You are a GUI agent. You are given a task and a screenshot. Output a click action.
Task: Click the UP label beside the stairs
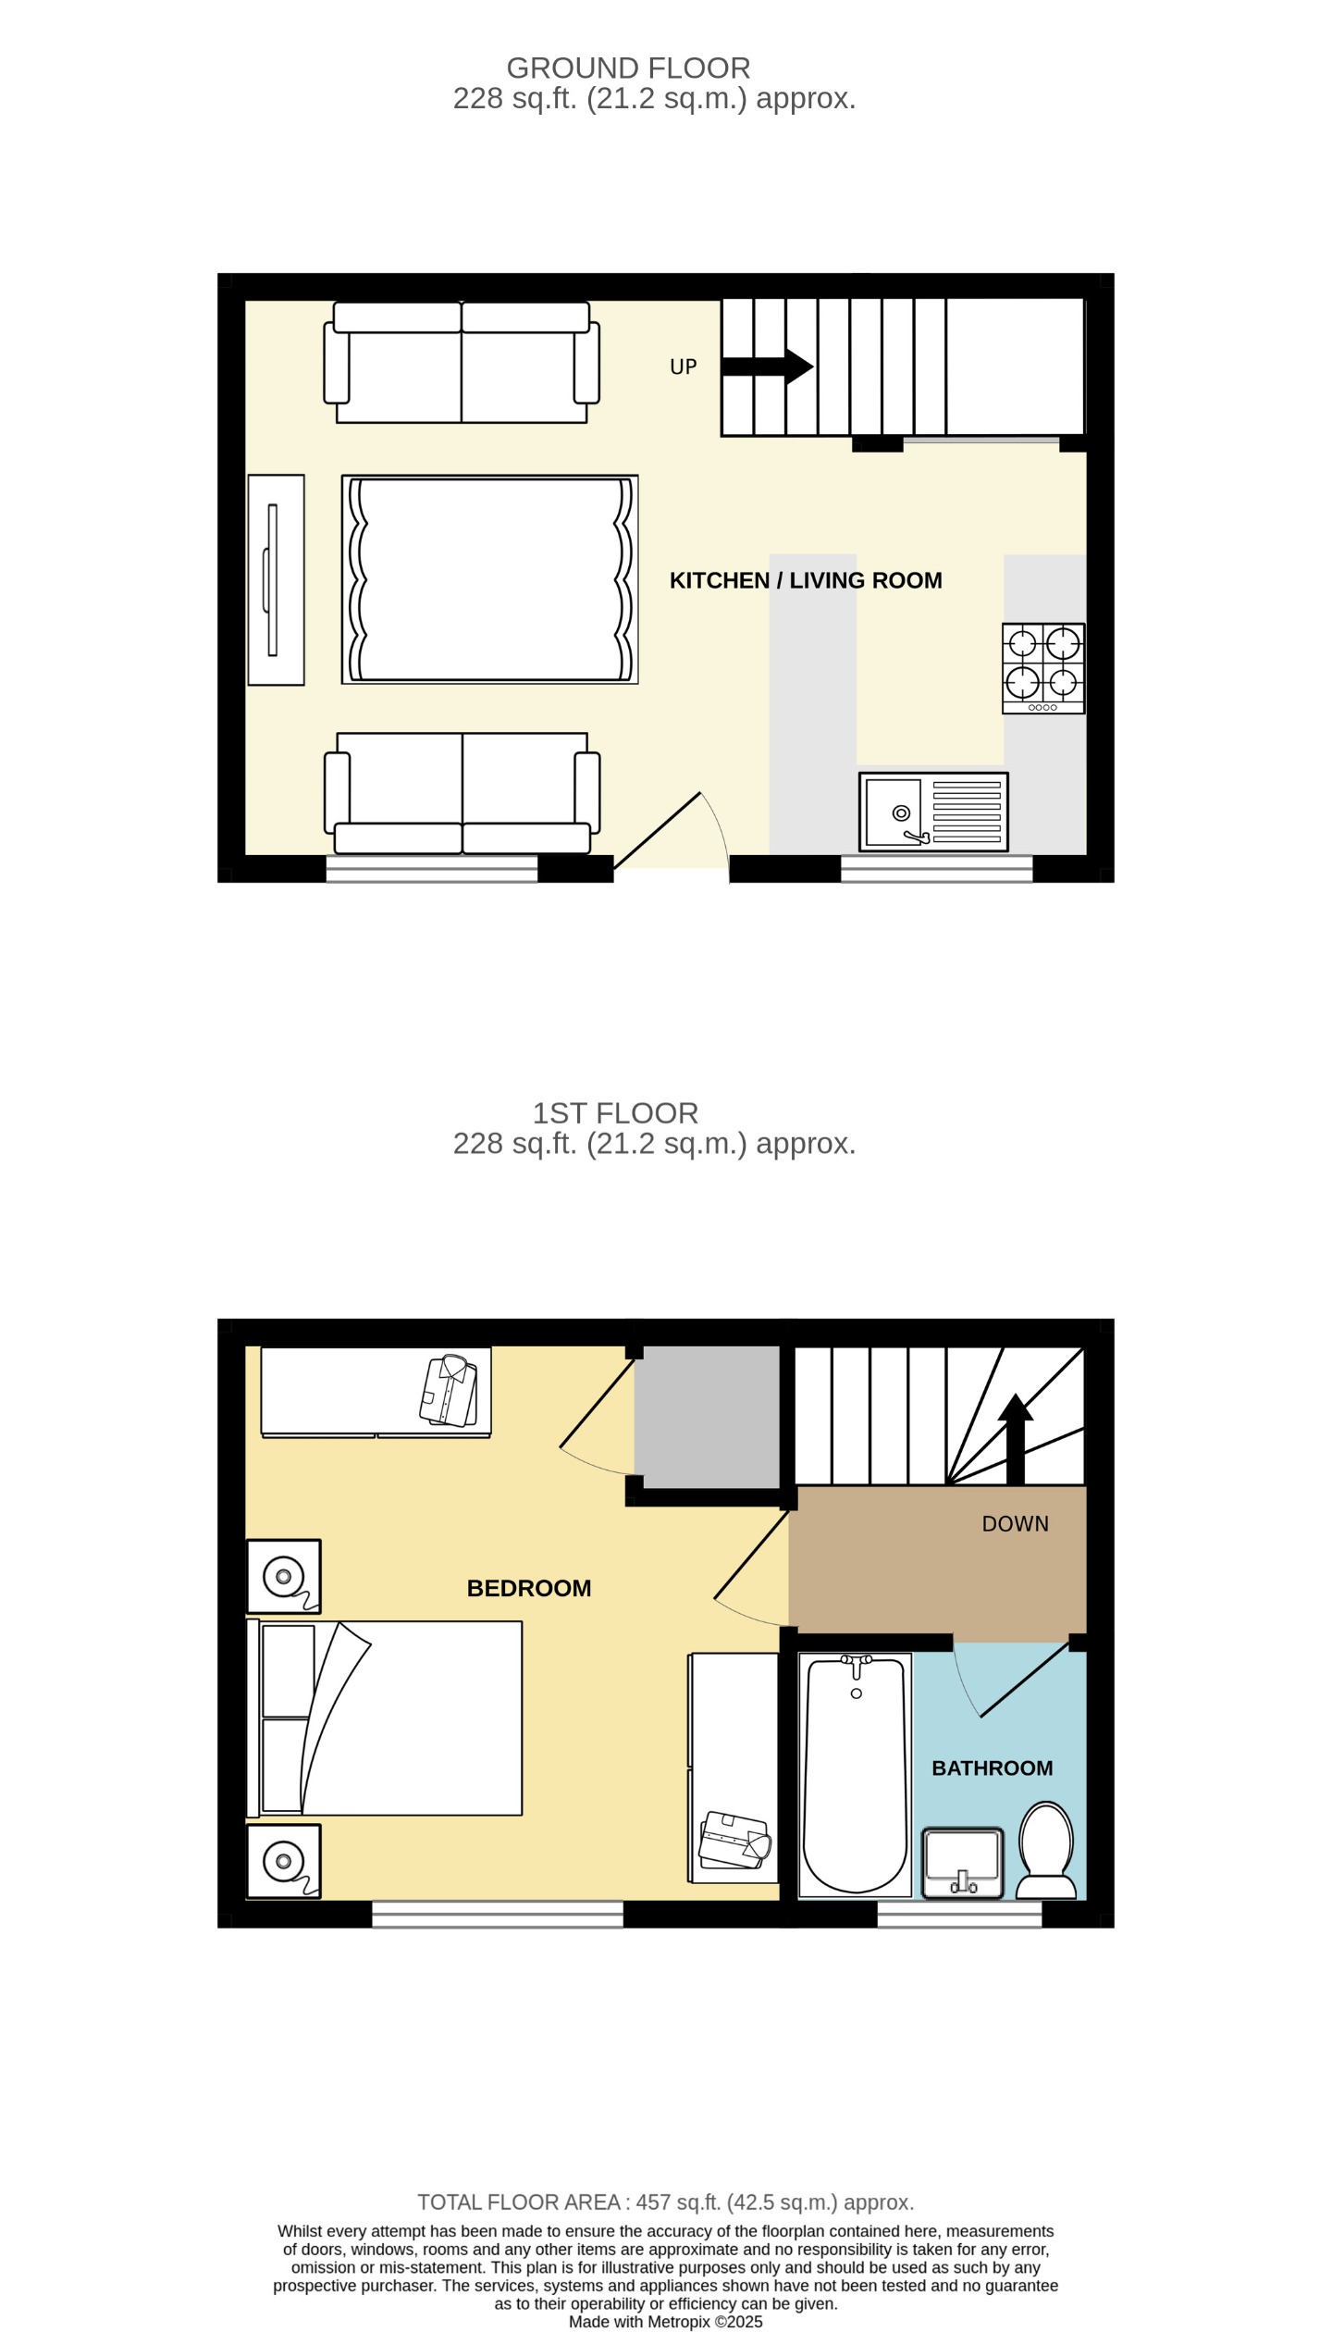point(683,366)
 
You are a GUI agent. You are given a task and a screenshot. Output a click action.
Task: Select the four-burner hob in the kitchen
point(1042,668)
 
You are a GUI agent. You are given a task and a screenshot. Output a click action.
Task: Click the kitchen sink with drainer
point(932,812)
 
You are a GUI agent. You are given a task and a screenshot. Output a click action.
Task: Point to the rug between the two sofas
point(489,579)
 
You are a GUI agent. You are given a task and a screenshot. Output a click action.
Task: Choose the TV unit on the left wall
point(276,580)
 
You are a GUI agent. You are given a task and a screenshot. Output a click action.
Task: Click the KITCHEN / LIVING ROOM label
point(805,580)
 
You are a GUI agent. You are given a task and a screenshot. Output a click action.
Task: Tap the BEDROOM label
point(528,1588)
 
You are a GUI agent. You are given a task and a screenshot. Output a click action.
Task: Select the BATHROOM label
point(992,1768)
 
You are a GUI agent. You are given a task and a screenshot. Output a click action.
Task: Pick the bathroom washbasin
point(962,1863)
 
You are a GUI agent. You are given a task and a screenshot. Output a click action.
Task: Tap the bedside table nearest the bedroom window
point(283,1861)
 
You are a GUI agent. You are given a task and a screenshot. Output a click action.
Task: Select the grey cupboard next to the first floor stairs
point(710,1417)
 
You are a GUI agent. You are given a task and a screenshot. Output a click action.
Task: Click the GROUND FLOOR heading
point(628,68)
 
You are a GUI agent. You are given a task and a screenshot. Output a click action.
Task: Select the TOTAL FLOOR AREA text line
point(665,2202)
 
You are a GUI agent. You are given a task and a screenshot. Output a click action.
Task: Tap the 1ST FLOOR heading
point(615,1113)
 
